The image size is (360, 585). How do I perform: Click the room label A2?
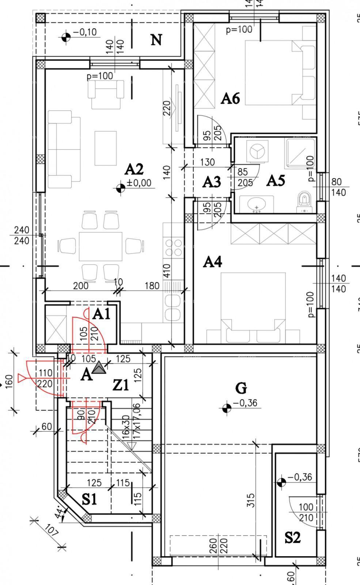(134, 169)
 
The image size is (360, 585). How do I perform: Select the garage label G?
(241, 388)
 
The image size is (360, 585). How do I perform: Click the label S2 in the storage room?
(292, 537)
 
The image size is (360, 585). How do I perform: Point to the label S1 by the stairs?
(89, 499)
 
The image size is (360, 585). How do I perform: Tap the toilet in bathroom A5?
(304, 203)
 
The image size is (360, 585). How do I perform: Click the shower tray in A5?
(299, 154)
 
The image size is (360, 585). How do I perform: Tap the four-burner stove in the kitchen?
(174, 248)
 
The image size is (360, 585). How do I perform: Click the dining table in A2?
(101, 246)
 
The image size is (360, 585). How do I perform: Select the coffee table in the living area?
(106, 148)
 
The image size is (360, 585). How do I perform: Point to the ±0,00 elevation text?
(139, 183)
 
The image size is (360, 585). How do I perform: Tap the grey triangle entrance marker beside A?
(99, 368)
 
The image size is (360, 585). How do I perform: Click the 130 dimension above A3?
(208, 162)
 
